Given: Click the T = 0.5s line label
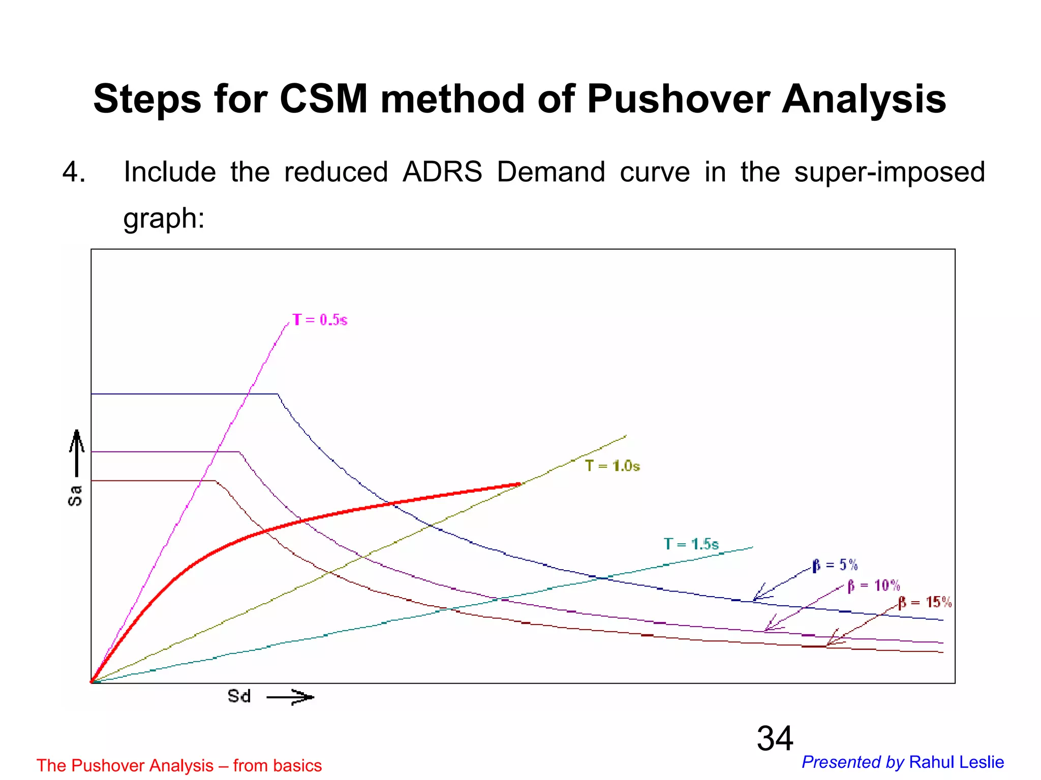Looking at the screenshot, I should click(320, 320).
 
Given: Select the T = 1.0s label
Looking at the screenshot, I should click(612, 466).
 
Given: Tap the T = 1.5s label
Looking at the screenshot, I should click(691, 544).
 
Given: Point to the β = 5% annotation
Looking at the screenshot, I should click(835, 565).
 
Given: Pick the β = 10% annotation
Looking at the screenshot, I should click(873, 586).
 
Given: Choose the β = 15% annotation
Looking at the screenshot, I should click(925, 602).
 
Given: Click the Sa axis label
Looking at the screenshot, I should click(75, 496).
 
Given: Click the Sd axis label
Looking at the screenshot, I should click(239, 696).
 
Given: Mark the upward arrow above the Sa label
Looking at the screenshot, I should click(77, 452).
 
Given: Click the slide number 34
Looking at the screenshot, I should click(775, 738).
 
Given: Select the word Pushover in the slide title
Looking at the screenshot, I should click(678, 99).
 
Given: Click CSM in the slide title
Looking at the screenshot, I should click(323, 99).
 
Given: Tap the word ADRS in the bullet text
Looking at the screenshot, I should click(442, 172).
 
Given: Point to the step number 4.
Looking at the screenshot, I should click(73, 172).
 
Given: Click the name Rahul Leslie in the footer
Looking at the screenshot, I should click(956, 762).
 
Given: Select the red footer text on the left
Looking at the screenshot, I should click(179, 765).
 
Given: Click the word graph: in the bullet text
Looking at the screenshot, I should click(164, 218).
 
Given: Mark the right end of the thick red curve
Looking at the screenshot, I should click(519, 484).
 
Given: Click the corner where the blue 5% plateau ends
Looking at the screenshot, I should click(278, 394).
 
